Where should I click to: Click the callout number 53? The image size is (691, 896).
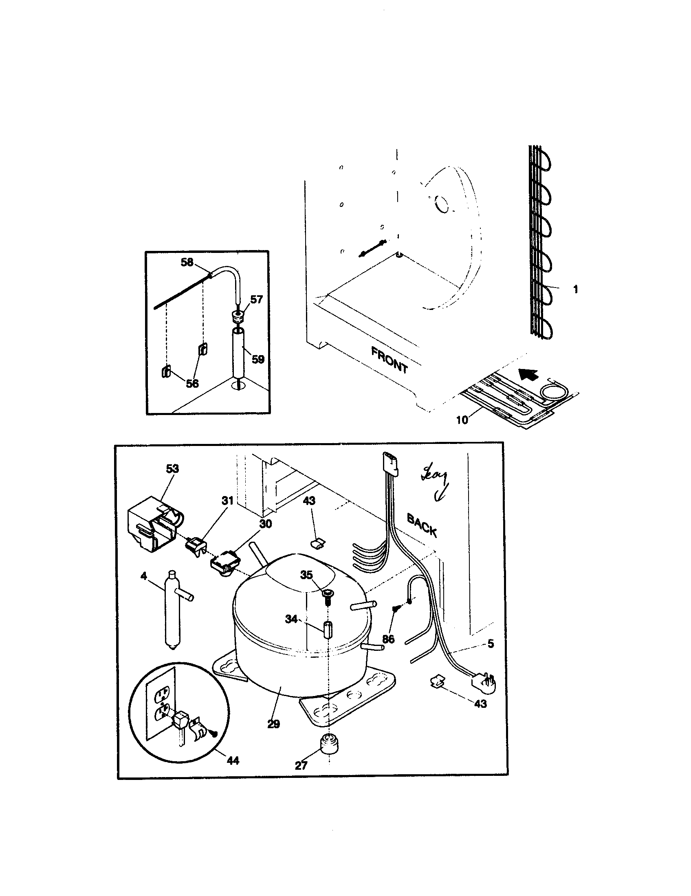pyautogui.click(x=172, y=468)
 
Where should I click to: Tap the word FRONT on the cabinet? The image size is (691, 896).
pyautogui.click(x=389, y=360)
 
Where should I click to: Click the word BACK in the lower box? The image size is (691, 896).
pyautogui.click(x=421, y=525)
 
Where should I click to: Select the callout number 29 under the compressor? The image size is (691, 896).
pyautogui.click(x=273, y=724)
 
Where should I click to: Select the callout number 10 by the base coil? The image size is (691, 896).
pyautogui.click(x=462, y=420)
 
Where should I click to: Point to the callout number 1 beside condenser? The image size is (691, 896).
pyautogui.click(x=575, y=290)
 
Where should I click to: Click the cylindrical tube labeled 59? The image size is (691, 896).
pyautogui.click(x=238, y=351)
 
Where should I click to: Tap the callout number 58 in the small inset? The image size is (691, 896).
pyautogui.click(x=187, y=262)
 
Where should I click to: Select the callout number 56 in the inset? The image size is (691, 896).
pyautogui.click(x=192, y=384)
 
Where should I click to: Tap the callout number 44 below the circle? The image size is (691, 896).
pyautogui.click(x=233, y=761)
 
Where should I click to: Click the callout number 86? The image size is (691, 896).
pyautogui.click(x=388, y=639)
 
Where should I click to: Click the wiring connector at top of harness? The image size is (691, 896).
pyautogui.click(x=390, y=463)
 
